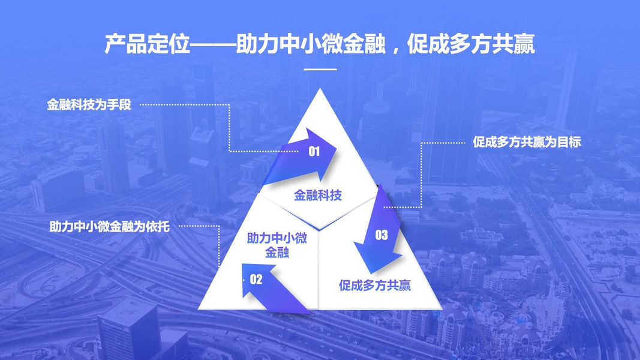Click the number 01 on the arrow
(x=314, y=152)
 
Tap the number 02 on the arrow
(x=256, y=278)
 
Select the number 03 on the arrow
(x=381, y=235)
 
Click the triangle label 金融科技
(x=318, y=195)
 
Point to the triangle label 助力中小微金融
(x=277, y=245)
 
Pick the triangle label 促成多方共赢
(x=375, y=285)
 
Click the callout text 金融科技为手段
(x=89, y=105)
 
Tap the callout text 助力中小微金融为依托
(x=110, y=227)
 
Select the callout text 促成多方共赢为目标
(x=527, y=143)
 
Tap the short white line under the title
(x=320, y=70)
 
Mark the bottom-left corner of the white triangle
(x=200, y=308)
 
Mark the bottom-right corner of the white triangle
(x=441, y=308)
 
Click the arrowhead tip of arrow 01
(x=338, y=152)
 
